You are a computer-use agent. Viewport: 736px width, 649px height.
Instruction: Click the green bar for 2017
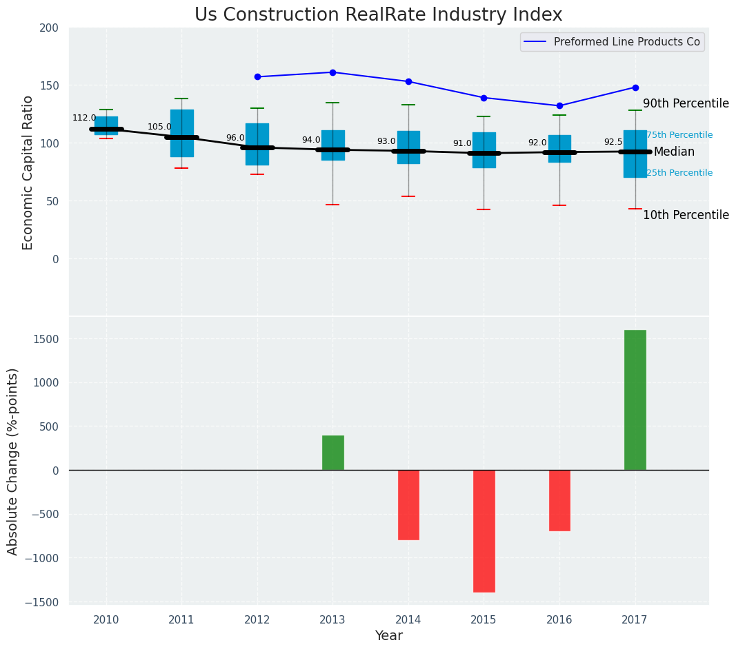tap(635, 400)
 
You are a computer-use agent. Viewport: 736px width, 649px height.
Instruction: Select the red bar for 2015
tap(484, 531)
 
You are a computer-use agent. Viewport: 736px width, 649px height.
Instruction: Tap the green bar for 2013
tap(332, 453)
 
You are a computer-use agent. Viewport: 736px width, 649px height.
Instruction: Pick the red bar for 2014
tap(408, 505)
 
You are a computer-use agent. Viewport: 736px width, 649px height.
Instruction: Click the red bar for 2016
tap(559, 500)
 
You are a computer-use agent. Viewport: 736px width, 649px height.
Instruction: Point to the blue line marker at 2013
tap(332, 72)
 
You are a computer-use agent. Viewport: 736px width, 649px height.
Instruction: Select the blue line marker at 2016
tap(559, 105)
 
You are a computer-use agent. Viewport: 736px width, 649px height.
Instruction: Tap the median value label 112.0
tap(84, 118)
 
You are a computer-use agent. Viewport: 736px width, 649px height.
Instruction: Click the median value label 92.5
tap(613, 142)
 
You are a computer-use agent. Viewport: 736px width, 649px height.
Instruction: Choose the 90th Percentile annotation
tap(686, 104)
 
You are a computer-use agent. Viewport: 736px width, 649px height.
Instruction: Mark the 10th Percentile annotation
tap(686, 216)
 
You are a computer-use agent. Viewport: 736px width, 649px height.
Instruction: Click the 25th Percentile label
tap(679, 173)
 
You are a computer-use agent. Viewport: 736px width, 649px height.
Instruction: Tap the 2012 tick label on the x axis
tap(257, 619)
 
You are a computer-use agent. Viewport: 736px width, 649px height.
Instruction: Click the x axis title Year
tap(388, 636)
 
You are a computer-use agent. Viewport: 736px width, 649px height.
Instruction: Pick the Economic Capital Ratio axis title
tap(28, 172)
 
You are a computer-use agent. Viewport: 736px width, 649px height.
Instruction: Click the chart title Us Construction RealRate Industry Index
tap(378, 14)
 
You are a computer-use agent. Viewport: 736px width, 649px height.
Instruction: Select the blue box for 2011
tap(181, 133)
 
